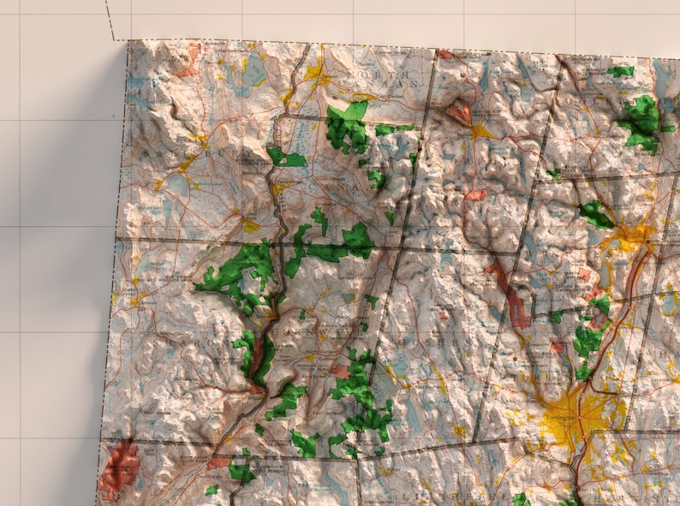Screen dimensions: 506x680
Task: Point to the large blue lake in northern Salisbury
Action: pyautogui.click(x=254, y=72)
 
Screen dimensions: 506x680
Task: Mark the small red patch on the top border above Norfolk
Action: pyautogui.click(x=444, y=54)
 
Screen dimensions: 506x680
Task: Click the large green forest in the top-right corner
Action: pyautogui.click(x=642, y=120)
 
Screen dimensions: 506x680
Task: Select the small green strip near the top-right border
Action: pyautogui.click(x=621, y=71)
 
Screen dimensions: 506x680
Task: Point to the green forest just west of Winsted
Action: pyautogui.click(x=595, y=214)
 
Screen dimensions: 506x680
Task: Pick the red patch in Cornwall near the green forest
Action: pyautogui.click(x=340, y=372)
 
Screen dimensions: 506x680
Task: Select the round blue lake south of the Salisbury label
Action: pyautogui.click(x=178, y=185)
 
